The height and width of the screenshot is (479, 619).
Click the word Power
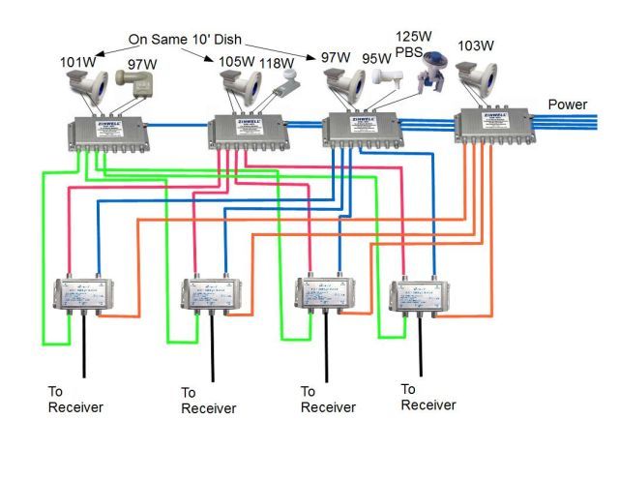point(569,104)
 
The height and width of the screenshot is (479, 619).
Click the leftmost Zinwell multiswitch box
point(101,132)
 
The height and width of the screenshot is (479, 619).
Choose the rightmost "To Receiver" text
point(427,397)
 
